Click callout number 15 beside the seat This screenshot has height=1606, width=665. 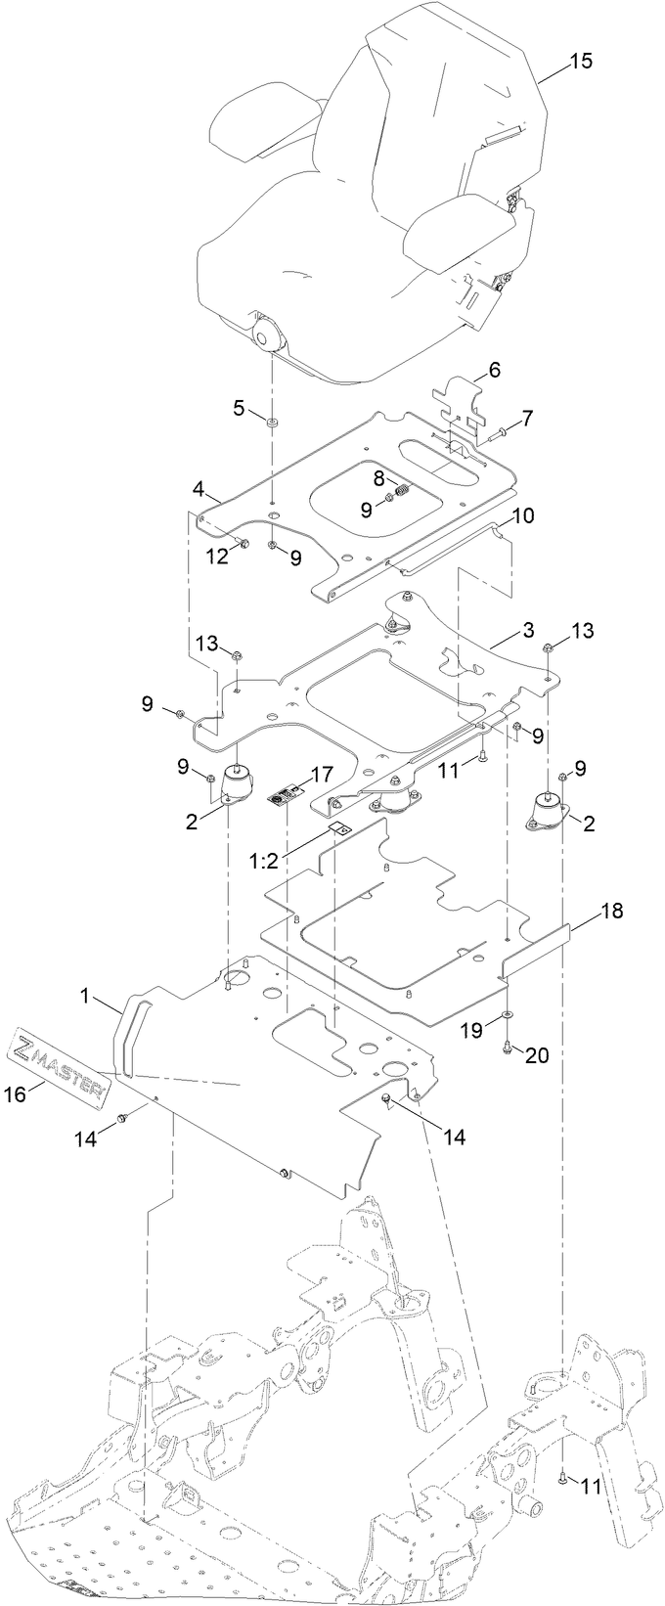tap(581, 61)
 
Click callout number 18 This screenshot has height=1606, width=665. tap(610, 910)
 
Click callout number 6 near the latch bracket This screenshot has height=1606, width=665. tap(494, 370)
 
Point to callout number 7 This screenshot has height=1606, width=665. tap(527, 419)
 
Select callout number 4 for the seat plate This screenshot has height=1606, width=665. tap(198, 486)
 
